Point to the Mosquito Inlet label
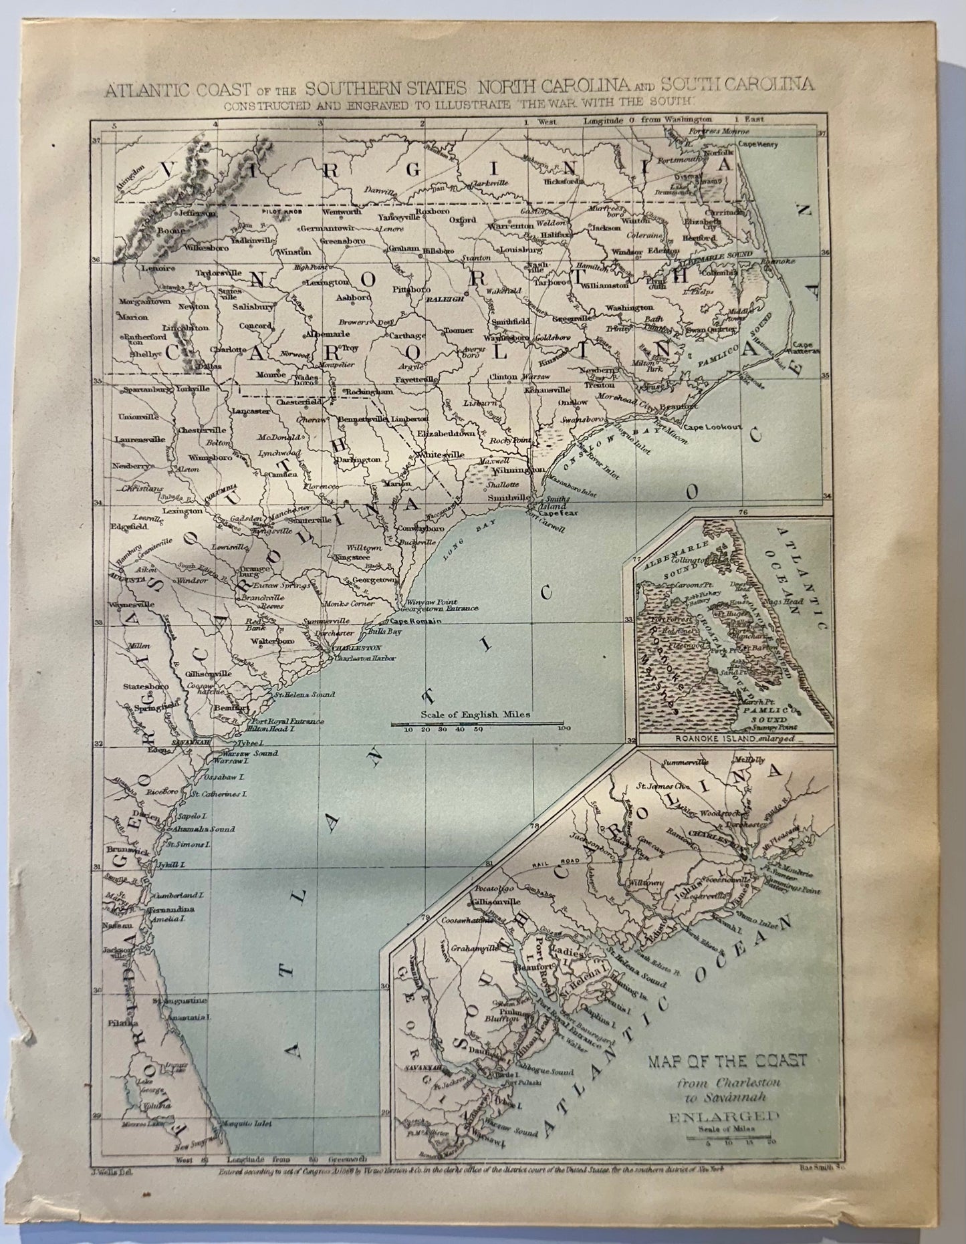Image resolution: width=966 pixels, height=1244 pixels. (x=247, y=1124)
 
